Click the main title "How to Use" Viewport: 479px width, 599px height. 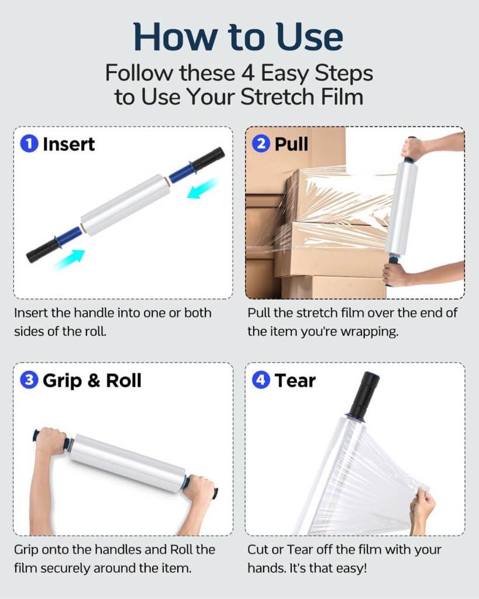(239, 36)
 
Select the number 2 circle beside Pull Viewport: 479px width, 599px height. (261, 144)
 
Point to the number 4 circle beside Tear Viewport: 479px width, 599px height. (261, 381)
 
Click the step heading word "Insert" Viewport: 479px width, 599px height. (69, 144)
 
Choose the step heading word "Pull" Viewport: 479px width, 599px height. (291, 144)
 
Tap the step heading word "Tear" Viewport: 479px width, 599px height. (295, 381)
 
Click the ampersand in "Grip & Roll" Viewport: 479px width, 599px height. (93, 381)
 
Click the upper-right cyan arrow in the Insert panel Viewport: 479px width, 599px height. (202, 188)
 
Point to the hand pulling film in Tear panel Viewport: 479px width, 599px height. (422, 508)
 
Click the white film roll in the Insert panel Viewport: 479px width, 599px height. (125, 204)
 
